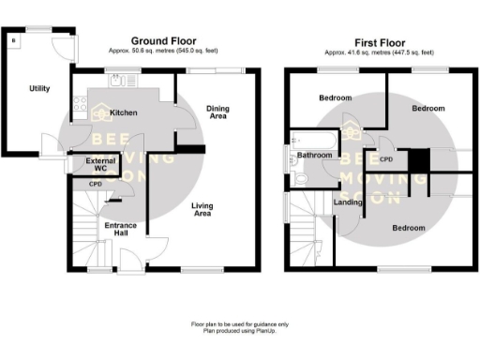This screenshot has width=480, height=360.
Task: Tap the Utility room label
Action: tap(38, 87)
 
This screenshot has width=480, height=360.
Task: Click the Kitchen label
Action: tap(124, 113)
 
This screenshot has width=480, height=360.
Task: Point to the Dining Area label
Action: tap(217, 113)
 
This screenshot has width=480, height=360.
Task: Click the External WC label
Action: tap(99, 166)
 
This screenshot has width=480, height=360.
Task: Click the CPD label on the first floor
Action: tap(385, 160)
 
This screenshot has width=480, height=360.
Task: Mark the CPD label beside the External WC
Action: tap(95, 185)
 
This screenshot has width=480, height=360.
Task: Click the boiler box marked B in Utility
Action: tap(13, 40)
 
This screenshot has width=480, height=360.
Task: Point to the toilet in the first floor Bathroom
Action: tap(300, 176)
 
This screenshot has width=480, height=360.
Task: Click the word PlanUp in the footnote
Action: tap(272, 328)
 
